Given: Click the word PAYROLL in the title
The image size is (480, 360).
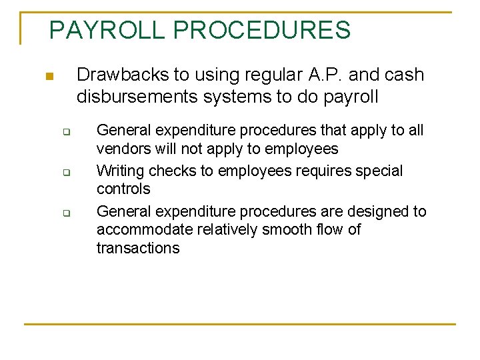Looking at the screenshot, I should (x=107, y=30).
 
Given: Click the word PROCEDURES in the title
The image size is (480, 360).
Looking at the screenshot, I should (x=261, y=30).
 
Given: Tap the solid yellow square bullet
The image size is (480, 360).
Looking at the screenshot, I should (x=48, y=77).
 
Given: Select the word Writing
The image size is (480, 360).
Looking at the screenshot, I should (x=120, y=171).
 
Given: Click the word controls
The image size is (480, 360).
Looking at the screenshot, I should (x=123, y=189).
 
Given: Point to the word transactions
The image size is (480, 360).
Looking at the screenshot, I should (x=138, y=249).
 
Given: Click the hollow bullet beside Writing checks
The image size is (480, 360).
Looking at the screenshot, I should (x=67, y=173).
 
